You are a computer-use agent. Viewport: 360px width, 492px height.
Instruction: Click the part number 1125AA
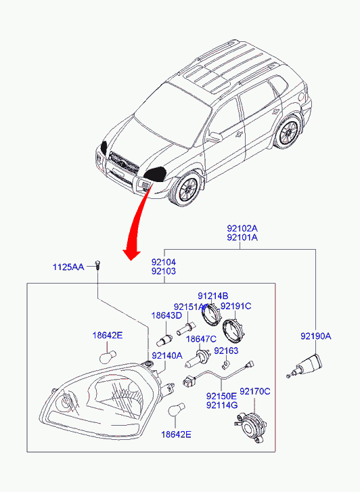click(68, 267)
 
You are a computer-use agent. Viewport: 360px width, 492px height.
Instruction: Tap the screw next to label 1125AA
click(97, 265)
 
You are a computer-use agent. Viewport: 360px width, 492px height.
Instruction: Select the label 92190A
click(316, 336)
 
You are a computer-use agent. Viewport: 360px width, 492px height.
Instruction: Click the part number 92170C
click(255, 391)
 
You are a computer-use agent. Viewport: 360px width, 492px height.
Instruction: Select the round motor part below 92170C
click(251, 428)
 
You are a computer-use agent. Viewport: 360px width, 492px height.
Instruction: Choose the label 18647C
click(201, 339)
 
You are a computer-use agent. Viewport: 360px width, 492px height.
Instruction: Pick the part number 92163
click(226, 351)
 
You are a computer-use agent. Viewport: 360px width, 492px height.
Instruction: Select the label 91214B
click(212, 296)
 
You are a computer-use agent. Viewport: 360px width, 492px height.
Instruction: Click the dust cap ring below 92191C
click(233, 331)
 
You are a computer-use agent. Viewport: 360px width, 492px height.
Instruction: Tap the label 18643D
click(166, 315)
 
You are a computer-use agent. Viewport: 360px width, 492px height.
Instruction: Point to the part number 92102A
click(242, 228)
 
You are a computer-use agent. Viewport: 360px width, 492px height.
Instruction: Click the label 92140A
click(167, 355)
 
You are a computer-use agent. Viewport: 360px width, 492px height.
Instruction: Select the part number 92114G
click(222, 405)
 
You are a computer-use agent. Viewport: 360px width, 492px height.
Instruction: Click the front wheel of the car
click(186, 189)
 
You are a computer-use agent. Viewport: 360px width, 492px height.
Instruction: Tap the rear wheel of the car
click(288, 132)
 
